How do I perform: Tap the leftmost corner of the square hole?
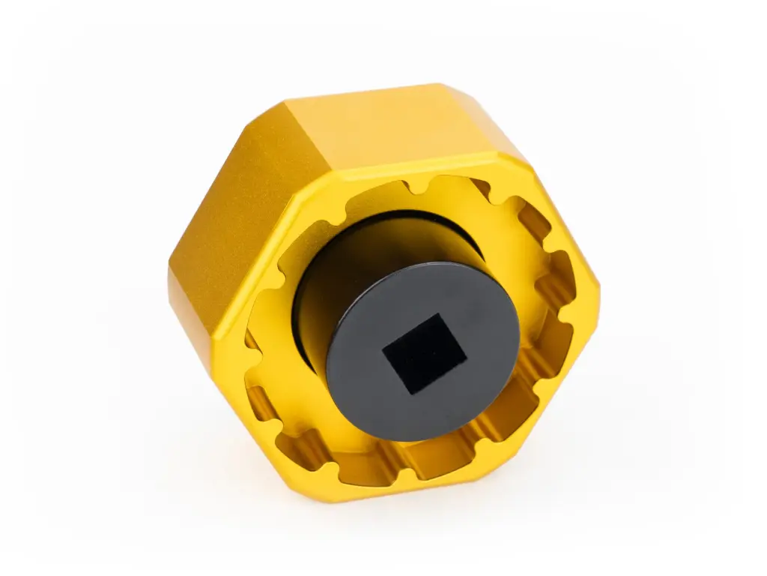pyautogui.click(x=383, y=346)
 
